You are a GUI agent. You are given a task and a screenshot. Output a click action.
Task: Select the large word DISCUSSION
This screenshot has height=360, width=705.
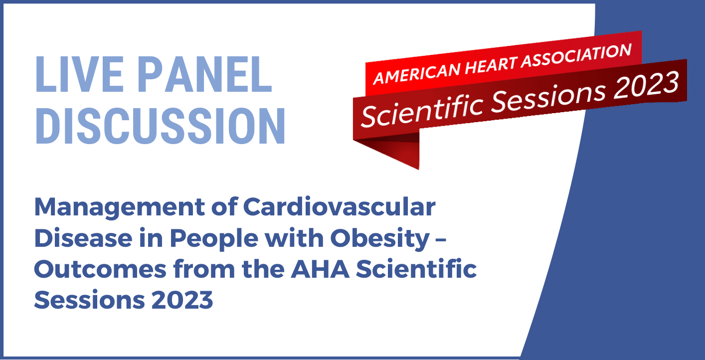(x=160, y=126)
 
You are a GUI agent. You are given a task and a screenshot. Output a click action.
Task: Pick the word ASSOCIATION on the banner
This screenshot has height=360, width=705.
(x=576, y=55)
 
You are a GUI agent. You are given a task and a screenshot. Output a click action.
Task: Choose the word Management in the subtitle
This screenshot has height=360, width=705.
(x=120, y=208)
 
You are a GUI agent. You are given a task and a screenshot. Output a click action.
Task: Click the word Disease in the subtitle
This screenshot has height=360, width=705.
(x=83, y=238)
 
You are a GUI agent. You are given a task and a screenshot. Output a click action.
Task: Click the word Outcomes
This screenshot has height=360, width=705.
(x=100, y=269)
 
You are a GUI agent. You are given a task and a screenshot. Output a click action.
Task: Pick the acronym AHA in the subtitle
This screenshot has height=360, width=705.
(x=320, y=269)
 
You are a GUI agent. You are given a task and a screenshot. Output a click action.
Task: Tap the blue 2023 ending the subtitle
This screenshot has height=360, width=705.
(x=182, y=300)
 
